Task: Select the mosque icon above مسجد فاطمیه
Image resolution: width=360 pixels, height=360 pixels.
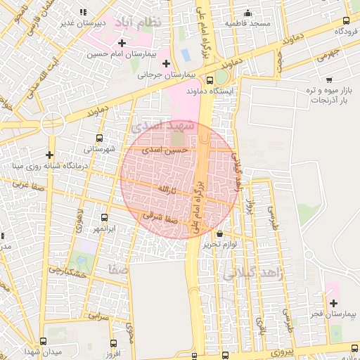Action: (247, 13)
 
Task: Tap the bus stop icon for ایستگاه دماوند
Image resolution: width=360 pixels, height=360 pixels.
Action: (210, 80)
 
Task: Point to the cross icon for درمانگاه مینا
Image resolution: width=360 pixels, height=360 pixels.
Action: (49, 155)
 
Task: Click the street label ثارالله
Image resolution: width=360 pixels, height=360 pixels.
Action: (165, 190)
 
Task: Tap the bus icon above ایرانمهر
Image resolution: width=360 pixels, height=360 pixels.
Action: (104, 217)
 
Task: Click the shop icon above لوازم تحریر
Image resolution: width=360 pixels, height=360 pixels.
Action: (220, 233)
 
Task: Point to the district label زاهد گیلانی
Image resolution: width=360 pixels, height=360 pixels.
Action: (253, 274)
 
